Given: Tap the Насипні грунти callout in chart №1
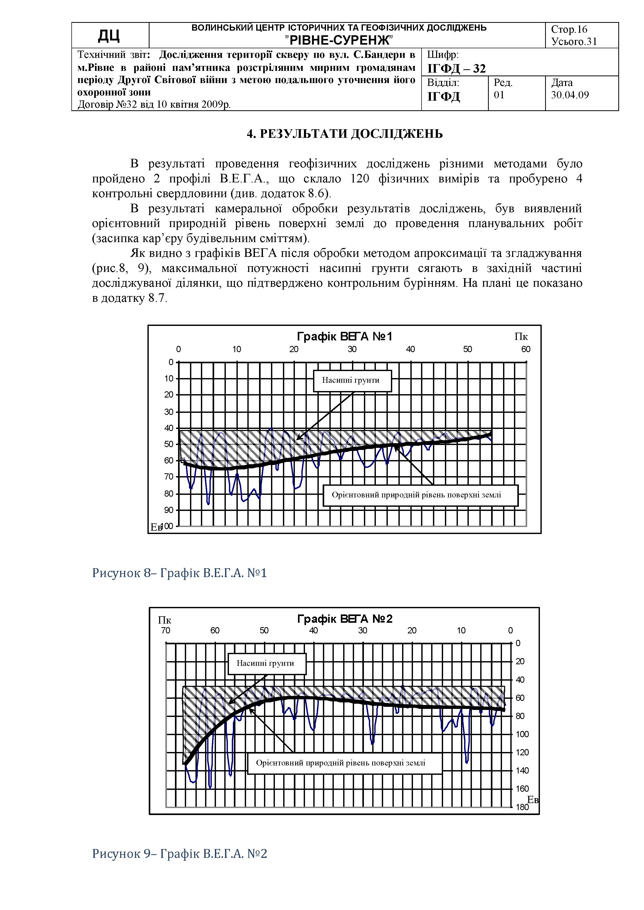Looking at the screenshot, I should point(350,380).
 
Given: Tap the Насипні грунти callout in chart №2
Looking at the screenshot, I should point(265,663).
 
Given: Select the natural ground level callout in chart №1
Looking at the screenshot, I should point(416,495).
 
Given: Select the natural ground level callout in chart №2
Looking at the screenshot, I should point(341,763).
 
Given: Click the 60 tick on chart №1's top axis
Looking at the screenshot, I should point(525,349).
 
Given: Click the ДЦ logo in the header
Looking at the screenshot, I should point(109,36).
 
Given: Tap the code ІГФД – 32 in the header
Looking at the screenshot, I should point(456,69).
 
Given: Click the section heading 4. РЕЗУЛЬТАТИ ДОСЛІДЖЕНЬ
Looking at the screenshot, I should point(345,134).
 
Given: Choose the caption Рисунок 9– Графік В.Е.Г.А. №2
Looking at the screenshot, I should point(180,853).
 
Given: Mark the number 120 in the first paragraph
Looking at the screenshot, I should point(360,179).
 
